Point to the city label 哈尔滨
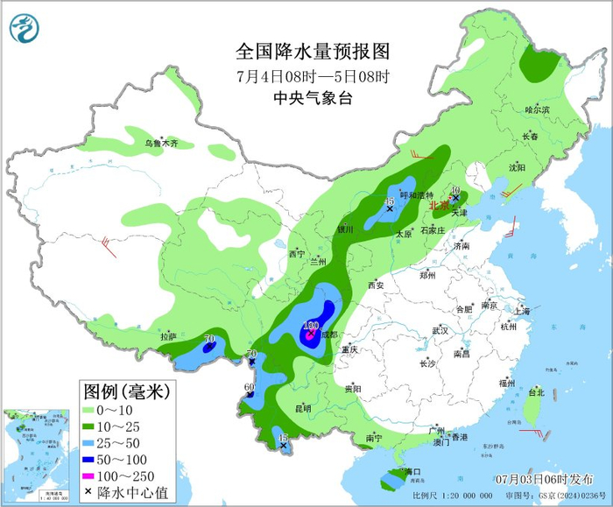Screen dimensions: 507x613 pos(537,110)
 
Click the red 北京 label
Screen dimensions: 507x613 pos(440,207)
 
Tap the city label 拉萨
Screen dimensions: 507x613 pos(168,336)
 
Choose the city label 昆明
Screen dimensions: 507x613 pos(302,408)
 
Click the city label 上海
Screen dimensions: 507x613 pos(523,311)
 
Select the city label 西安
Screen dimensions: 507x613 pos(376,285)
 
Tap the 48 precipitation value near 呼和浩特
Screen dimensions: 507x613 pos(390,202)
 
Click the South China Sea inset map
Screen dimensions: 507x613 pos(28,455)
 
